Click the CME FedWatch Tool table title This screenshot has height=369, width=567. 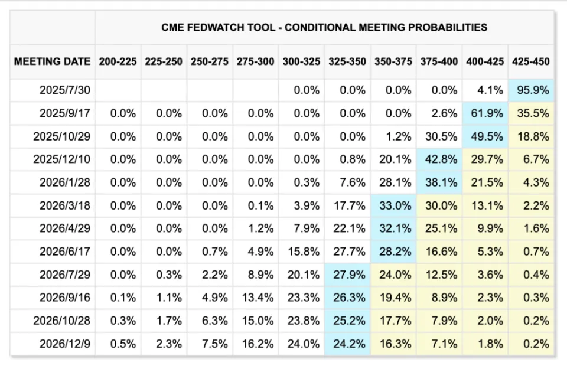click(x=324, y=27)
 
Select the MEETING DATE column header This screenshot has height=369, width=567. click(x=52, y=61)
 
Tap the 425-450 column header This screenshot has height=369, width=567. click(x=531, y=61)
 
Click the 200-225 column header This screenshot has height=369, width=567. click(x=118, y=61)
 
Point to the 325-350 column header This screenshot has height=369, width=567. click(x=347, y=61)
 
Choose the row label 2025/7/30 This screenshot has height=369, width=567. click(x=65, y=90)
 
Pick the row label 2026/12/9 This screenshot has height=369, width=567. click(x=65, y=344)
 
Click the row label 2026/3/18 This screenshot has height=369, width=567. click(x=65, y=205)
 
